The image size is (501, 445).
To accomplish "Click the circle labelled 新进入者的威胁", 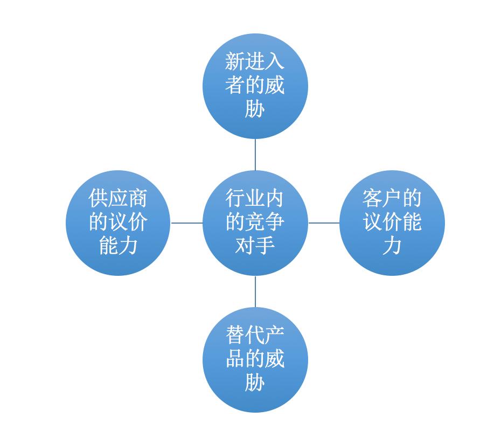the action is click(255, 86).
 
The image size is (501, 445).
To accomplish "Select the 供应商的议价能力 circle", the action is click(118, 223).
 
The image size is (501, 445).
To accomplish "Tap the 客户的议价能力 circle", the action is click(392, 223).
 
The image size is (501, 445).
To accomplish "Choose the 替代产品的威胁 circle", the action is click(255, 360).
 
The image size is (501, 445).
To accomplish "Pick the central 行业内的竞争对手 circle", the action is click(255, 223).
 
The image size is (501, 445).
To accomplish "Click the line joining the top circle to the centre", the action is click(255, 155).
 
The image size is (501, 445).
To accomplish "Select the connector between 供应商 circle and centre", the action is click(187, 223).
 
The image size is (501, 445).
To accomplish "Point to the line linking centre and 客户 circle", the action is click(324, 223).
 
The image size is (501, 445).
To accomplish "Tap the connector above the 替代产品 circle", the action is click(255, 291).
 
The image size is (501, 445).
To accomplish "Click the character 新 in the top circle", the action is click(235, 61).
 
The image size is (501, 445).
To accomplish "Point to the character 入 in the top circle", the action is click(275, 61).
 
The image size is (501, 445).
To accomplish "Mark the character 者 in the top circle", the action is click(235, 85).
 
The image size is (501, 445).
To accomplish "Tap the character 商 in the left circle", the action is click(138, 198).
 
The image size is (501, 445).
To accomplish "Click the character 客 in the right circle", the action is click(372, 198).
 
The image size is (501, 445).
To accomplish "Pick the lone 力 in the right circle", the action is click(392, 246).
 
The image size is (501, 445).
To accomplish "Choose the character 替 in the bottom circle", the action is click(235, 335).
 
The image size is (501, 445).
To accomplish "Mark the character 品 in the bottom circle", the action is click(235, 359).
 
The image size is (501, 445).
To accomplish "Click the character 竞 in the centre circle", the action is click(255, 222).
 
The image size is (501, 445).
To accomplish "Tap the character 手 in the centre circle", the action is click(265, 246).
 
